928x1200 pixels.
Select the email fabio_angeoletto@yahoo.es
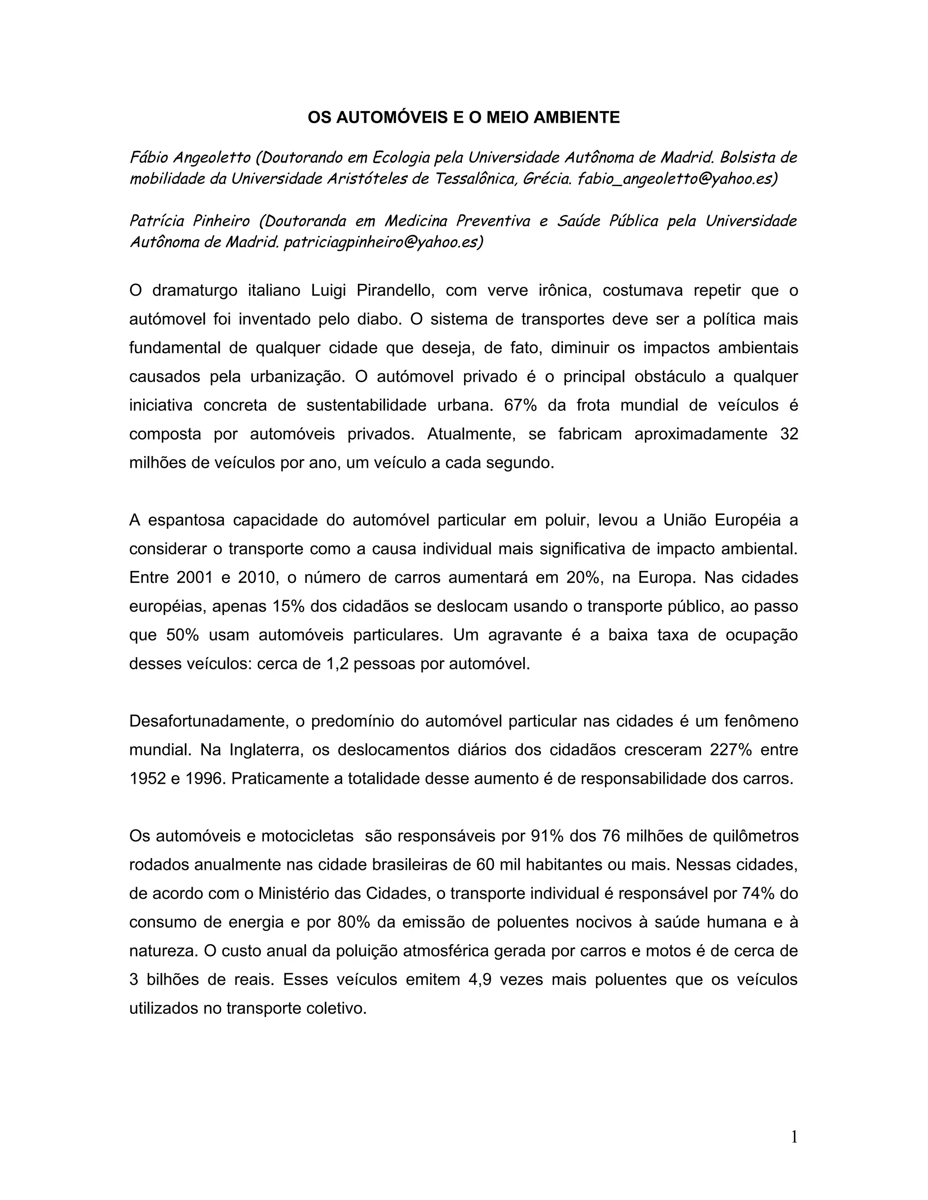tap(676, 178)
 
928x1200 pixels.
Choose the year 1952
tap(148, 778)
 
